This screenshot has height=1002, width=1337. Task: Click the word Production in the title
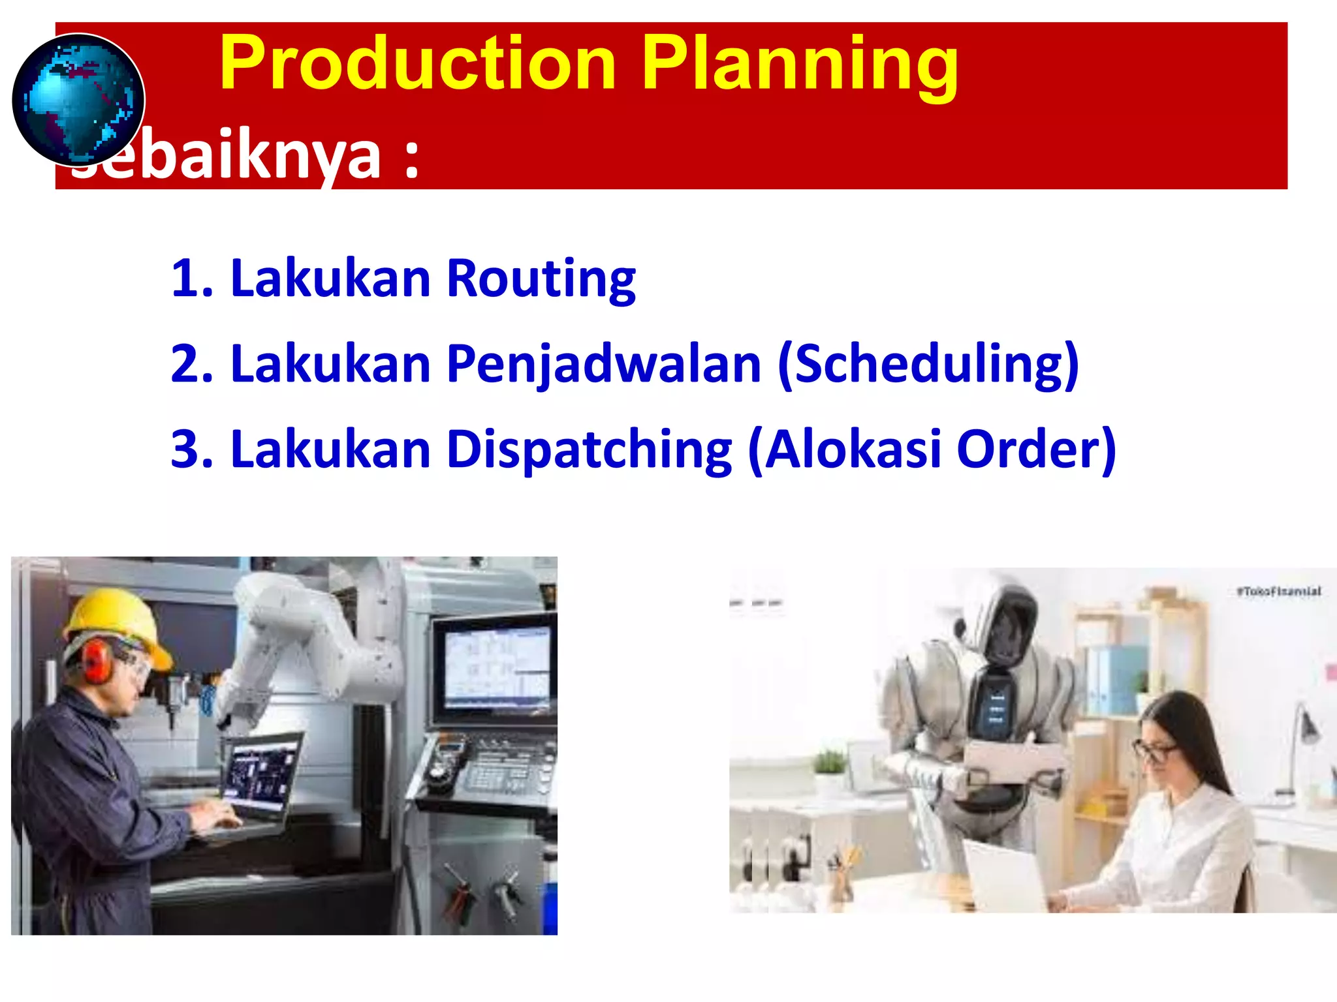[x=418, y=64]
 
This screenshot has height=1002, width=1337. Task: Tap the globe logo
[x=78, y=100]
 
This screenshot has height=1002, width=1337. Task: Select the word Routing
[x=541, y=279]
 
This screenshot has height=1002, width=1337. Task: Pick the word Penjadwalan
[x=604, y=364]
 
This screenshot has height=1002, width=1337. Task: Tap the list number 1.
[x=189, y=279]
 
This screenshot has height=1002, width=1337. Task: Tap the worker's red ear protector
[x=97, y=661]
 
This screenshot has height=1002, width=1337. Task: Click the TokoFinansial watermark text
[x=1278, y=592]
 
